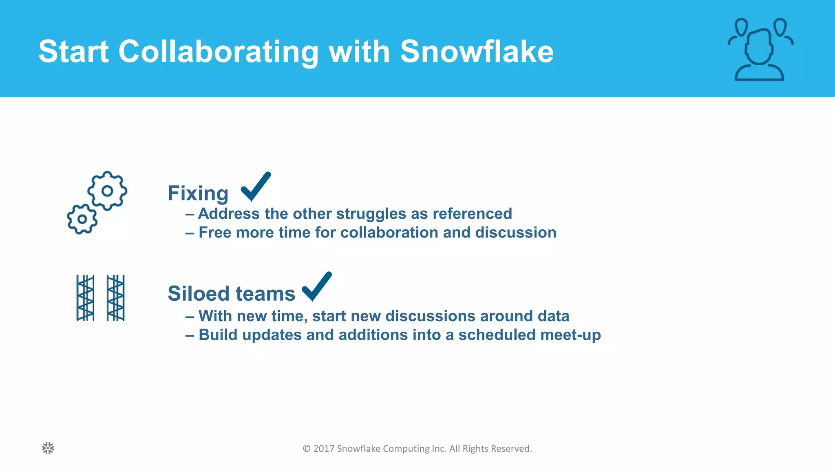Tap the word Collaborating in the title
[x=219, y=52]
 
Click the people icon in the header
[x=760, y=50]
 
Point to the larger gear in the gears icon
[x=107, y=191]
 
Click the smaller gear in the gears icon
[x=82, y=219]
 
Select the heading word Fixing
[x=198, y=193]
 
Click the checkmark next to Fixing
[x=256, y=186]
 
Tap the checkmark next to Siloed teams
[x=316, y=286]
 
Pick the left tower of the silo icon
[x=86, y=298]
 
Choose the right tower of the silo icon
[x=116, y=298]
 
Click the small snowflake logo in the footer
[x=48, y=448]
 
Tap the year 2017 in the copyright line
[x=324, y=449]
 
